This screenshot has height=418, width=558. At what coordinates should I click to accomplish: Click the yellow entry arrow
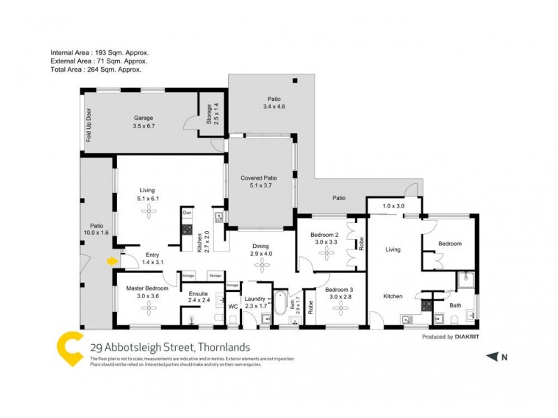(x=112, y=261)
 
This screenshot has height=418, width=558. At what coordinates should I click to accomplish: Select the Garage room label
(x=143, y=118)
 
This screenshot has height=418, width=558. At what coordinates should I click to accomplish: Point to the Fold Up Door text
(x=89, y=125)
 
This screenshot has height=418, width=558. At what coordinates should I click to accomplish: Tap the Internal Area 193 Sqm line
(x=100, y=52)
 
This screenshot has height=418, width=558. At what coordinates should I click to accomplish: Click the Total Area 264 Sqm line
(x=96, y=69)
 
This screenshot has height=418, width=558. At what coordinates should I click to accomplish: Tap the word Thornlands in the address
(x=223, y=347)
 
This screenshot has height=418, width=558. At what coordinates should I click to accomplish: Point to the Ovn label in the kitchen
(x=187, y=212)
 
